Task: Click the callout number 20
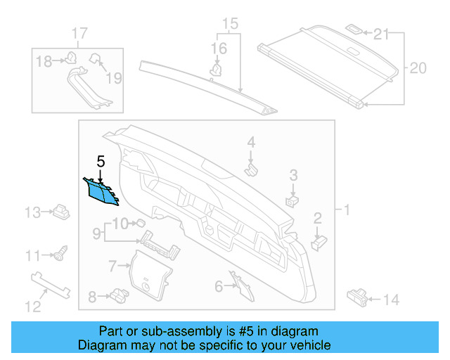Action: (418, 68)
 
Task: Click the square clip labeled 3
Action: (291, 200)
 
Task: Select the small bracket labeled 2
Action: (318, 240)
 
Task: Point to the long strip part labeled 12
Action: (53, 284)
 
